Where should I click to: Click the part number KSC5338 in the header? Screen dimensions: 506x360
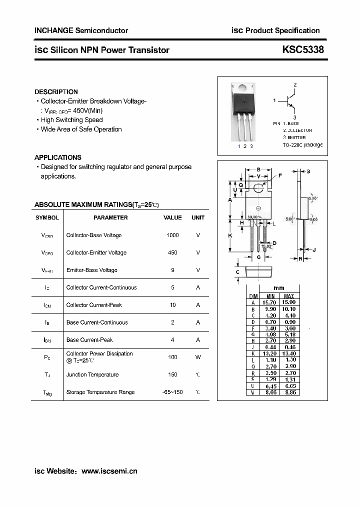click(x=303, y=49)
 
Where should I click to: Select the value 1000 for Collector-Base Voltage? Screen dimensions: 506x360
click(x=172, y=235)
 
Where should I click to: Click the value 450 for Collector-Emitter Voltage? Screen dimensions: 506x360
click(x=172, y=252)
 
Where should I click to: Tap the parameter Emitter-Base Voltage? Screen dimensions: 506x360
click(x=91, y=270)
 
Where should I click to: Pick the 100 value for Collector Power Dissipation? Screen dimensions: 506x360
click(x=172, y=357)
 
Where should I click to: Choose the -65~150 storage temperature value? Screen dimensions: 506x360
click(x=172, y=392)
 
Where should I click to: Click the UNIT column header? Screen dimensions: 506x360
click(x=198, y=217)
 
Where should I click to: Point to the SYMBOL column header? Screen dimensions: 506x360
click(x=47, y=217)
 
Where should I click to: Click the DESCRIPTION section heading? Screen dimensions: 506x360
click(x=56, y=92)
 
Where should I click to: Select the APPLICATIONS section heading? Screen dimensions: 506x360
click(x=57, y=157)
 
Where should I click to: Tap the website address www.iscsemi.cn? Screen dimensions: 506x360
click(x=109, y=471)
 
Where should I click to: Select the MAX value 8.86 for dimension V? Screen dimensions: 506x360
click(x=288, y=393)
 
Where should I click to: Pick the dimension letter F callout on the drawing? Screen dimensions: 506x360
click(x=280, y=175)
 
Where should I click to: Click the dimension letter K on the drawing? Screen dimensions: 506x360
click(x=230, y=235)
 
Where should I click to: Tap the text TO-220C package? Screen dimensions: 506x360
click(x=302, y=144)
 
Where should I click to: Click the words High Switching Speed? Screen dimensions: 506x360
click(x=71, y=120)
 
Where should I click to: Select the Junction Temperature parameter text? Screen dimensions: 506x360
click(x=92, y=374)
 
